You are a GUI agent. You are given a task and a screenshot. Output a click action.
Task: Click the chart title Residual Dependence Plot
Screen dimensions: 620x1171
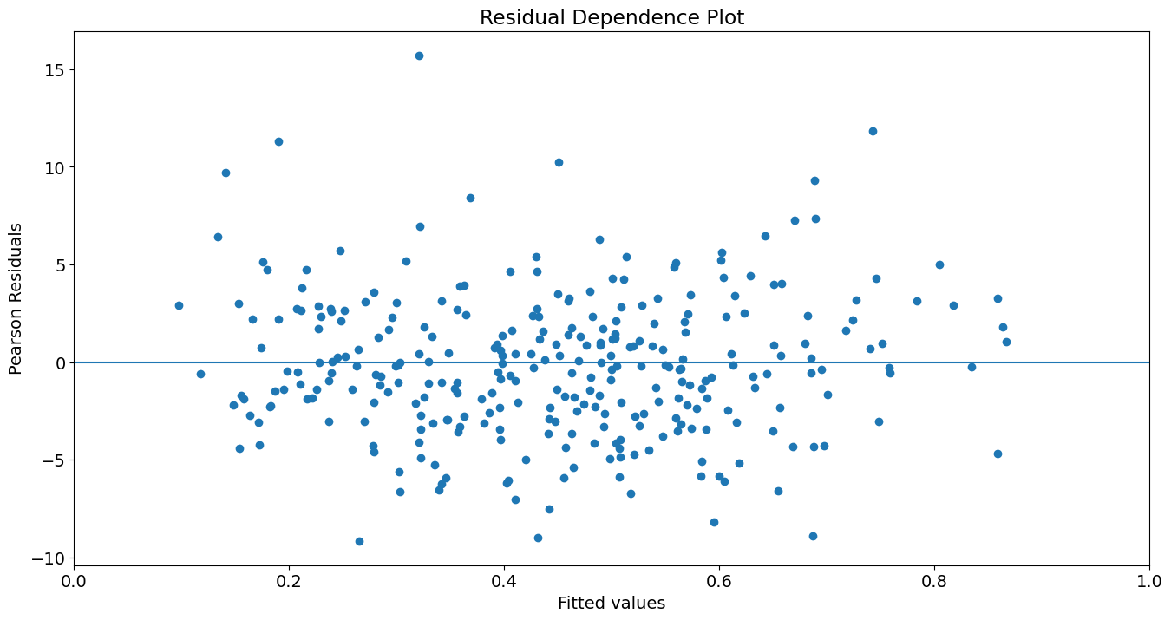point(612,17)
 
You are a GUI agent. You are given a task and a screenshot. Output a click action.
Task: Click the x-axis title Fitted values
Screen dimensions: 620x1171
point(612,604)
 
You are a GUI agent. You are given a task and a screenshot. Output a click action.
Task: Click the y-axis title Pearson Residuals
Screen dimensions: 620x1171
point(16,298)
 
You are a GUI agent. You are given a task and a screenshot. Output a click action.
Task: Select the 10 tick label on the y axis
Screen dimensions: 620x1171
point(55,167)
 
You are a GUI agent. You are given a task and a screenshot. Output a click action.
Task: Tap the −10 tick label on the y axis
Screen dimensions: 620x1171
point(49,558)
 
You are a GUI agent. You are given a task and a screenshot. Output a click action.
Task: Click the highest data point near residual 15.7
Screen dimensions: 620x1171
point(419,55)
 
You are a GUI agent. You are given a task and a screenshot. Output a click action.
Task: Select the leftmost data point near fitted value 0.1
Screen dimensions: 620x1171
point(179,305)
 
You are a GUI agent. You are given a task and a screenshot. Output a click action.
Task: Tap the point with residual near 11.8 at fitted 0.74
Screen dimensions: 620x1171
point(873,131)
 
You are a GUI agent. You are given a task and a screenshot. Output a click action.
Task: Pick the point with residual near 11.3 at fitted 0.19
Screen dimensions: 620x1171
point(278,141)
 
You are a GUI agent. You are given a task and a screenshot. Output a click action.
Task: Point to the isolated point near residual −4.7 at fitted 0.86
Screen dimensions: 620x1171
point(998,454)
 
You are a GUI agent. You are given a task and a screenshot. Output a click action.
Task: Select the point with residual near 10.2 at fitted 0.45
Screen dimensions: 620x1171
point(559,162)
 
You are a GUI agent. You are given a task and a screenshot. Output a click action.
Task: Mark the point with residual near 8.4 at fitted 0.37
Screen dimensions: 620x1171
point(470,198)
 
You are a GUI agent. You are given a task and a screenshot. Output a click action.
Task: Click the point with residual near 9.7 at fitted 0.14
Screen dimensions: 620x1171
point(226,173)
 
